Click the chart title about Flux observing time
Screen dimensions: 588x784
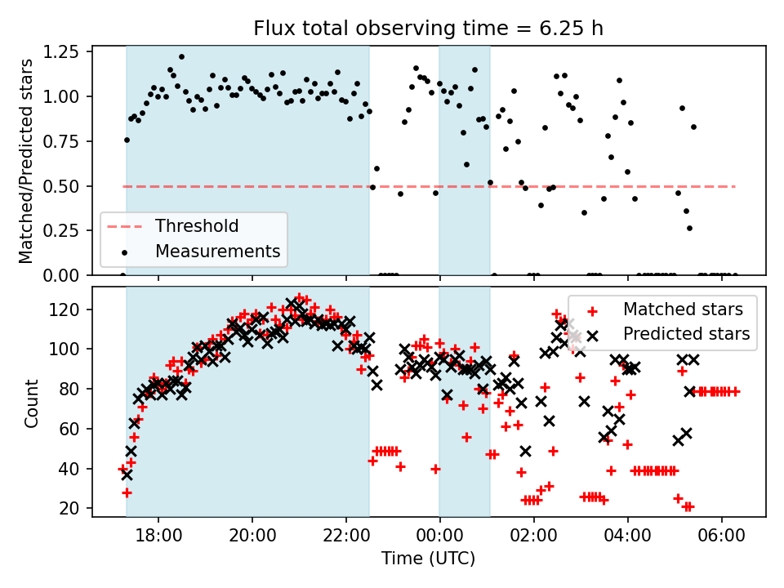[x=429, y=29]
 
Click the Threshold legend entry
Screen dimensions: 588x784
[x=197, y=226]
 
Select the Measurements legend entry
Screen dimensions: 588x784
[x=217, y=251]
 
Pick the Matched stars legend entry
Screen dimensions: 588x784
[x=683, y=310]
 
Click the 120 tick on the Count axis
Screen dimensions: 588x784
[x=73, y=310]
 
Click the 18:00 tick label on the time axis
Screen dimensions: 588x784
[x=158, y=540]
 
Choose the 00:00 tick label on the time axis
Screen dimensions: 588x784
[x=440, y=540]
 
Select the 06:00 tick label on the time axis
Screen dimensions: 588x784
[x=722, y=540]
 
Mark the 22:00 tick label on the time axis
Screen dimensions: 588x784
[x=346, y=540]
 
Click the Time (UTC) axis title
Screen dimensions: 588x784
[x=429, y=560]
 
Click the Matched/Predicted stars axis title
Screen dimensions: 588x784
[x=26, y=161]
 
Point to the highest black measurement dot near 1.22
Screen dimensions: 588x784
[x=181, y=57]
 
